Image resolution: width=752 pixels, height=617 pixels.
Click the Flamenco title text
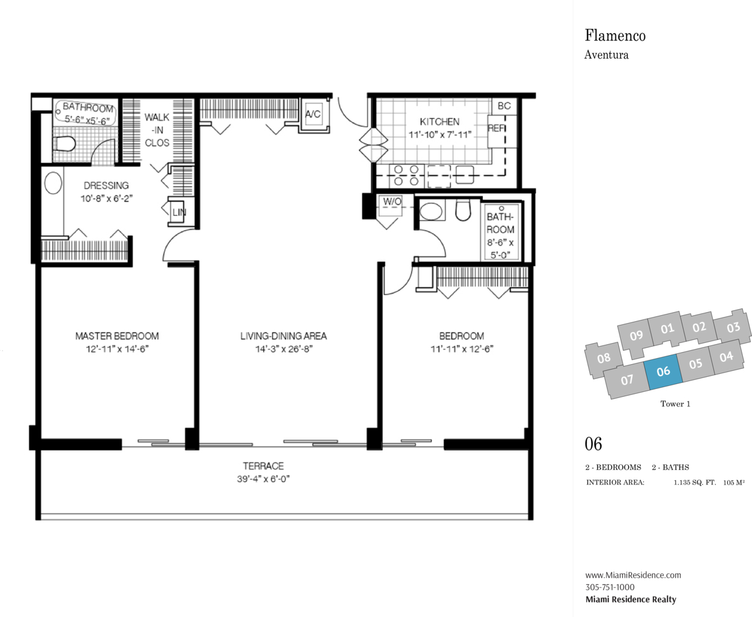pos(615,36)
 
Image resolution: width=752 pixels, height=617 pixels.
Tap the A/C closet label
pos(313,114)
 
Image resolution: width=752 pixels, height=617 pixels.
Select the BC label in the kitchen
pos(504,106)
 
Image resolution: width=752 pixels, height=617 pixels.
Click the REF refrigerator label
pos(496,128)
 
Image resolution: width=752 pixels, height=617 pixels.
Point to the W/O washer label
pos(392,201)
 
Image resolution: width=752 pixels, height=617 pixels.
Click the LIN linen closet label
pos(179,212)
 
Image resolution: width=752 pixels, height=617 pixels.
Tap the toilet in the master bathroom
pos(65,143)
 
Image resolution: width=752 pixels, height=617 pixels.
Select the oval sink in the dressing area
pos(53,183)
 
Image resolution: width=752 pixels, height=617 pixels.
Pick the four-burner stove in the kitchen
pos(407,175)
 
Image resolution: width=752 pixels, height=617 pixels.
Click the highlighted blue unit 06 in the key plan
pos(663,372)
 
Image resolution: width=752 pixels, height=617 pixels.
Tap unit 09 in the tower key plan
pos(636,335)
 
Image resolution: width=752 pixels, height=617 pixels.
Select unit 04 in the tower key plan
pos(727,357)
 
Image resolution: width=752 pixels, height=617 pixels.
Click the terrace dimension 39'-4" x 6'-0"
pos(263,479)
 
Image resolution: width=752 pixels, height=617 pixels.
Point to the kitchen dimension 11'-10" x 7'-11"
pos(440,135)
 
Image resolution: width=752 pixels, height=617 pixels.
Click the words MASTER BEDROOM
pos(117,336)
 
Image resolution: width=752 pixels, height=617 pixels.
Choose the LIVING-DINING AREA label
pos(284,336)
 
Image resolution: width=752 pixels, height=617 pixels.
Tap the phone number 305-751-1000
pos(610,587)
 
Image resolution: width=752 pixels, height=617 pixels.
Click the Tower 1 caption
pos(675,404)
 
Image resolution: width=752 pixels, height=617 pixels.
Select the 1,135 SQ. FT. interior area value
pos(695,483)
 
